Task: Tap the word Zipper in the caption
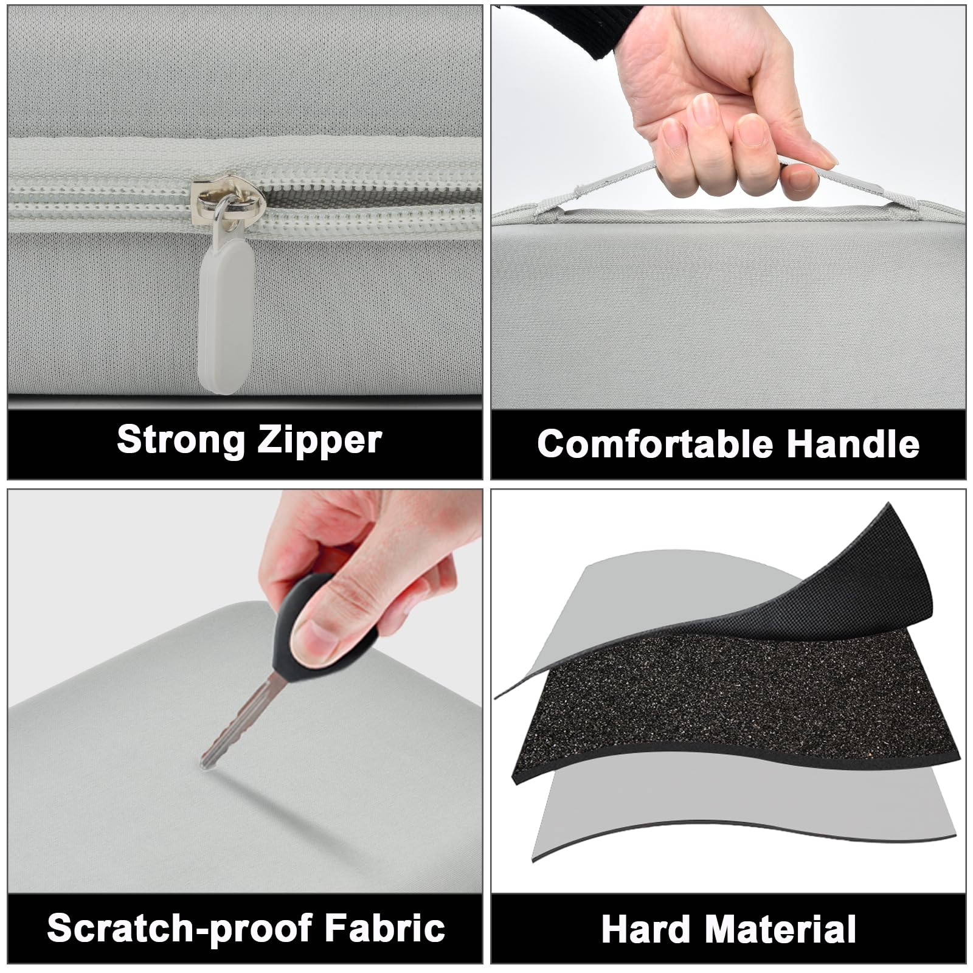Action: tap(319, 440)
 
